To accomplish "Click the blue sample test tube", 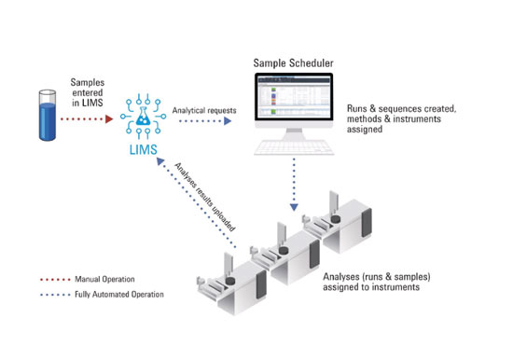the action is point(48,116).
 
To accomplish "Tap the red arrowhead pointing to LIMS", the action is point(109,118).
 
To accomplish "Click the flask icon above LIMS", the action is point(143,116).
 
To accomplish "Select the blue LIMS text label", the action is point(144,149).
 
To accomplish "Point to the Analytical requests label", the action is point(204,110).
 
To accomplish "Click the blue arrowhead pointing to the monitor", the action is point(228,121).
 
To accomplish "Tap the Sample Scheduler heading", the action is point(293,62).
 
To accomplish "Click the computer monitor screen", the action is point(294,97).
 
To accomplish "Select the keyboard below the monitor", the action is point(294,147).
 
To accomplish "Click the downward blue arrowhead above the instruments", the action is point(294,207).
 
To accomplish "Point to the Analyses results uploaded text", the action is point(205,197).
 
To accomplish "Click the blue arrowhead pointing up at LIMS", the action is point(160,160).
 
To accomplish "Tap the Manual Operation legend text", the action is point(104,279).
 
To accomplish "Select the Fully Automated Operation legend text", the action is point(119,294).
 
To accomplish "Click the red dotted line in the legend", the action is point(55,280).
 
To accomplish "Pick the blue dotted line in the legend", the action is point(55,295).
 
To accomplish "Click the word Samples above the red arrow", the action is point(88,82).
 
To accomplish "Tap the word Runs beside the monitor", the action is point(356,108).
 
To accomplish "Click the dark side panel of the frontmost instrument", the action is point(261,284).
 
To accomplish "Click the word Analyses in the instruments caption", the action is point(341,277).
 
